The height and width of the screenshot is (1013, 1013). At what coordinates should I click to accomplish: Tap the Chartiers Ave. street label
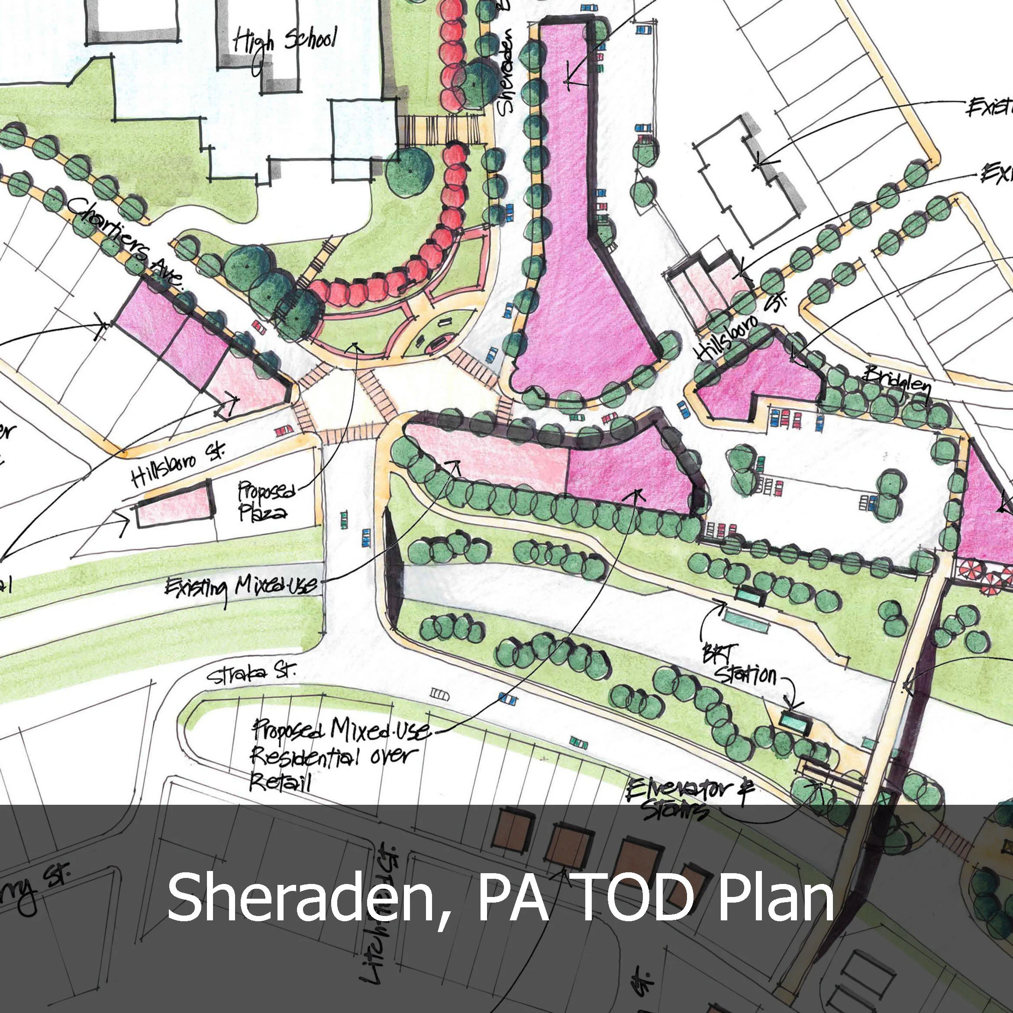coord(126,242)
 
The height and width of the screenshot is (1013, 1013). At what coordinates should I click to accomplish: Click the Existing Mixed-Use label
coord(241,587)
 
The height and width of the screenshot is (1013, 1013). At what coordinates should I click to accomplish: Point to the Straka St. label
coord(251,675)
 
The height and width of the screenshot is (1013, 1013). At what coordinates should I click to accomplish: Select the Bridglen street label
coord(897,382)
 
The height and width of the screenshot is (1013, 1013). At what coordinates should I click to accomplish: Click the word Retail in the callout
coord(281,783)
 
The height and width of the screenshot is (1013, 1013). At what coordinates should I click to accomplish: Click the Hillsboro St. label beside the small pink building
coord(178,464)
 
